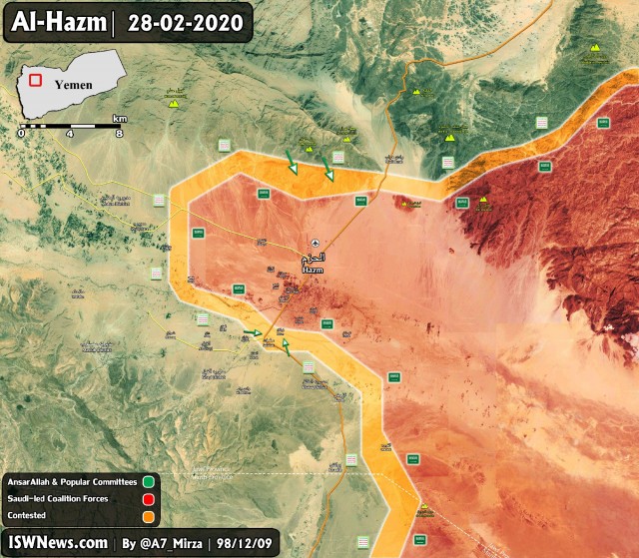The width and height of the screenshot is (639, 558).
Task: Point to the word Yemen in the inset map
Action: point(73,85)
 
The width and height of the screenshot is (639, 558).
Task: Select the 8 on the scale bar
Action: point(119,133)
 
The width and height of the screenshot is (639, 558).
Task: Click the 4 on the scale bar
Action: point(70,133)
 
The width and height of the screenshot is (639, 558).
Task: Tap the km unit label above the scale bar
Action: point(119,117)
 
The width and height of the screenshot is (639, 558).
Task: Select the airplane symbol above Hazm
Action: point(316,243)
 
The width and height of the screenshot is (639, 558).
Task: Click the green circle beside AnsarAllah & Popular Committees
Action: point(148,482)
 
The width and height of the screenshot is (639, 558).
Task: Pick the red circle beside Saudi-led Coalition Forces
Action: point(148,497)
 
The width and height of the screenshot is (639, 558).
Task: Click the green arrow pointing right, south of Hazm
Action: point(252,332)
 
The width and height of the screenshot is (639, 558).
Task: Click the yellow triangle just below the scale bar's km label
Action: point(175,104)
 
